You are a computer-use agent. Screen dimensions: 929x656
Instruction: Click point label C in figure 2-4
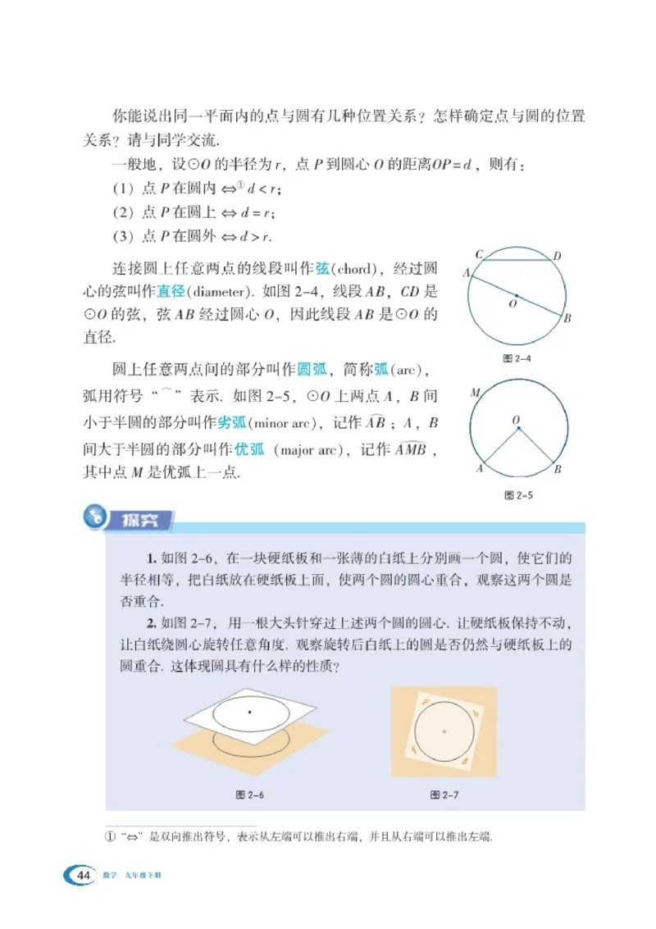tap(478, 253)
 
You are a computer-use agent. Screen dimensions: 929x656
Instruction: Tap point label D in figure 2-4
tap(557, 257)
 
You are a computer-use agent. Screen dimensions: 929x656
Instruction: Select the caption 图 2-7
tap(444, 795)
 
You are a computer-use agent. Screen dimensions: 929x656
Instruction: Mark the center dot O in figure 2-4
tap(517, 295)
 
